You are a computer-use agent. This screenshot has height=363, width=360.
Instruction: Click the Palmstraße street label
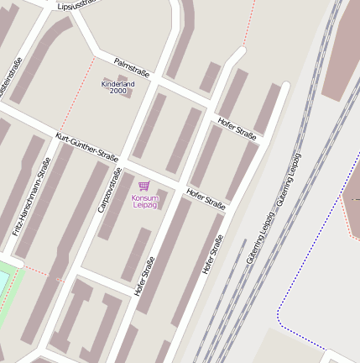132,66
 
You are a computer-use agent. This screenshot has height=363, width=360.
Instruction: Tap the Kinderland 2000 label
117,87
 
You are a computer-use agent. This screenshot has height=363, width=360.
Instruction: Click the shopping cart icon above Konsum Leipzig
143,187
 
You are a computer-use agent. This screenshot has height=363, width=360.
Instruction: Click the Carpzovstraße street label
109,190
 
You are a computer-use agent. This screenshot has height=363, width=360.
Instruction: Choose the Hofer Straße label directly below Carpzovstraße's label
143,275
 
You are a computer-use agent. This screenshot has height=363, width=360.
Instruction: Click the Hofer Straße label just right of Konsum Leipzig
206,200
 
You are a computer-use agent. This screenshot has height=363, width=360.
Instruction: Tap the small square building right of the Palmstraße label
211,77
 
